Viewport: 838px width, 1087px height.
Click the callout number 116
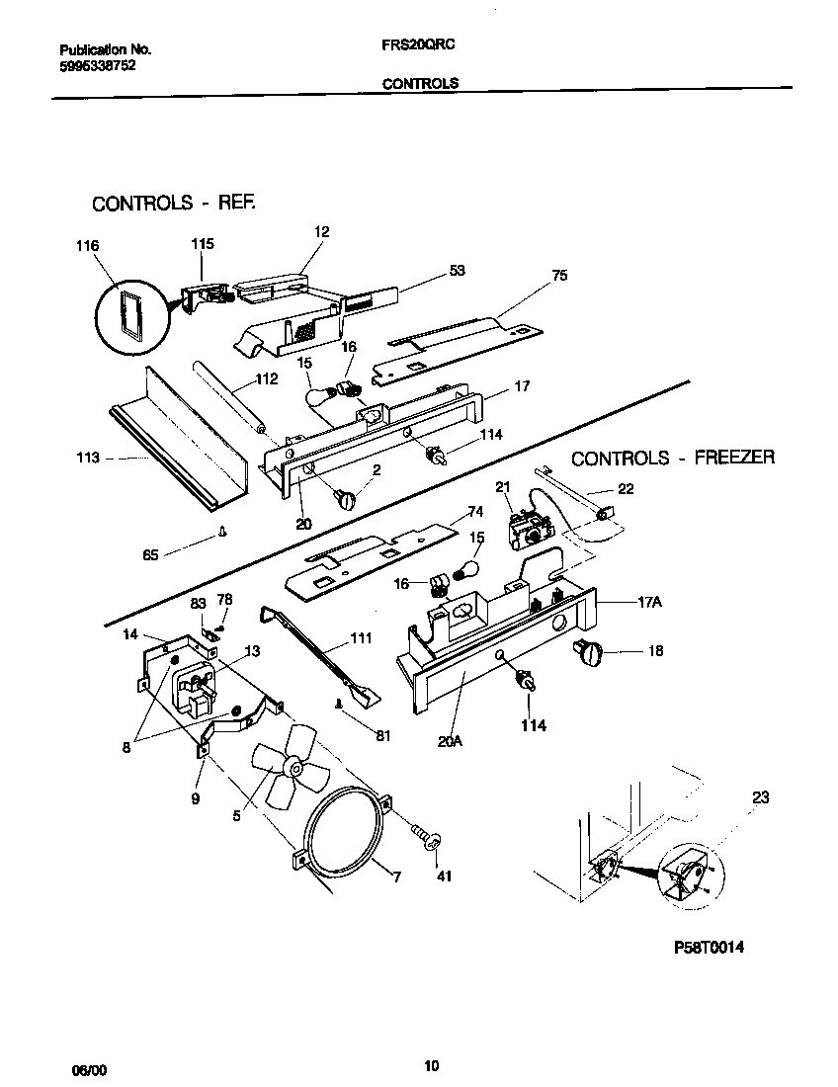coord(88,244)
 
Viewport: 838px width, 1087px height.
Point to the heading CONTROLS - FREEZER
coord(672,458)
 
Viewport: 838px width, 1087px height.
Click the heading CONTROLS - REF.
coord(174,204)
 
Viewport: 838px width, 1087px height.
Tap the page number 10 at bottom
coord(431,1065)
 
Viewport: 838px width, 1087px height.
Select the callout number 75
coord(559,277)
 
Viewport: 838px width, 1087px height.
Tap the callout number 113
coord(88,458)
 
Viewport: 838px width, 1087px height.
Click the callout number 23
coord(759,798)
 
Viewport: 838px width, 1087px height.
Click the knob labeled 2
coord(349,499)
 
